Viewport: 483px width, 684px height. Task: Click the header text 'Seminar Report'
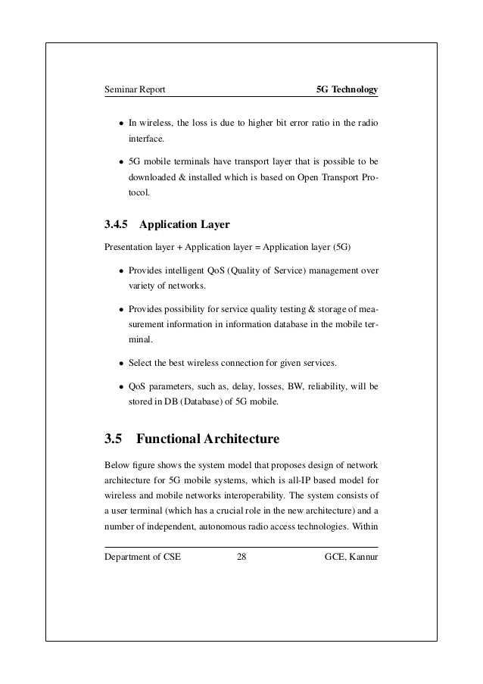[135, 91]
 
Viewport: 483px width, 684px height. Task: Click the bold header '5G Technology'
[347, 91]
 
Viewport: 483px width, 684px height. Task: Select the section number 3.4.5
[117, 224]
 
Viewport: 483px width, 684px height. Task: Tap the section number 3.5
[113, 439]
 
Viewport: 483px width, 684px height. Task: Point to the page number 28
[241, 559]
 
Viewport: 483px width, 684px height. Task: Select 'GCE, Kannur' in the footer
[351, 559]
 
